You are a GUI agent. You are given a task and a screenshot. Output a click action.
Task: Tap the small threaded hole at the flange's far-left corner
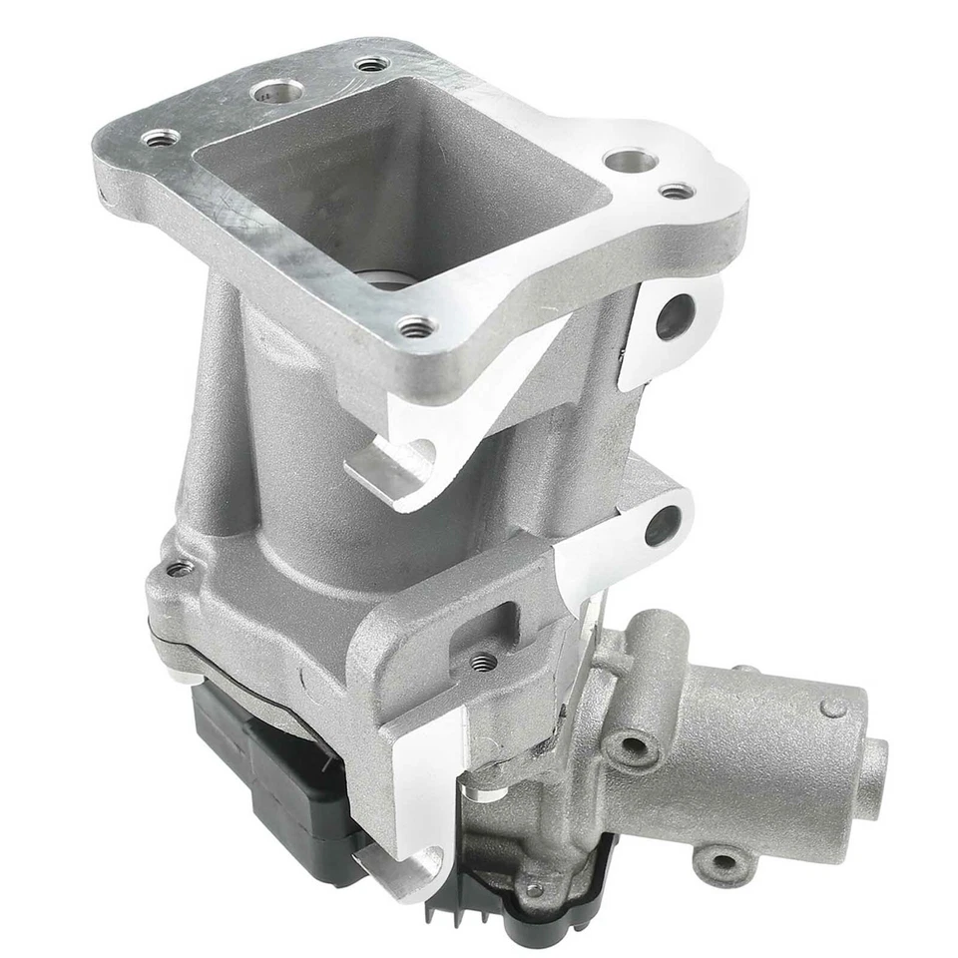tap(161, 137)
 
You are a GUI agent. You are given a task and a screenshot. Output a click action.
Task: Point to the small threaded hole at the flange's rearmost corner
tap(372, 65)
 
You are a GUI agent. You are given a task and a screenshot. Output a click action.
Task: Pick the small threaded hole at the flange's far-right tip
tap(677, 191)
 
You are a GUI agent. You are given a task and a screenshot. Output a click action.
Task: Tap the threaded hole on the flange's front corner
tap(416, 325)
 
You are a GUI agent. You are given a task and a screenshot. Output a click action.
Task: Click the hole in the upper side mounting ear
tap(675, 317)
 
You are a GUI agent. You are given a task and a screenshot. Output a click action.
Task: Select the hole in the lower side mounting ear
tap(663, 525)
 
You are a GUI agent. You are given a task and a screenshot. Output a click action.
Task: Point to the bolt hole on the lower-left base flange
tap(180, 569)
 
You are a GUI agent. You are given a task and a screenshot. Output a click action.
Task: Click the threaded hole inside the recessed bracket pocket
tap(483, 661)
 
